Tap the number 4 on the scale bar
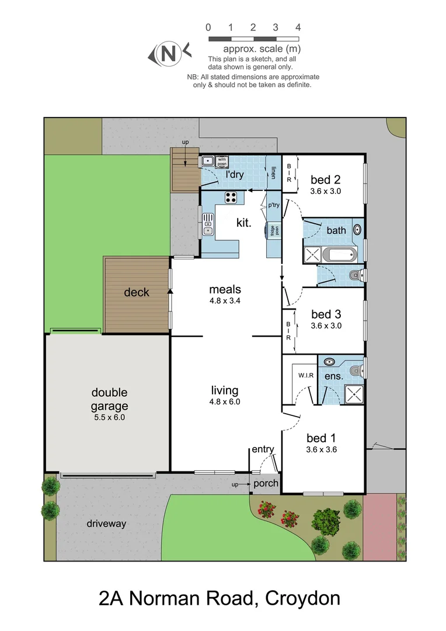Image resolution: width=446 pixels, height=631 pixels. coord(298,27)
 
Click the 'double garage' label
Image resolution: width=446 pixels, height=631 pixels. coord(109,399)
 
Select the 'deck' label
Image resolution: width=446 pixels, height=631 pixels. coord(137,292)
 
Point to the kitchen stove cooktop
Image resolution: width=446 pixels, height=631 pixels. coord(231,197)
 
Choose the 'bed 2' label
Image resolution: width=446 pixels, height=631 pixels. coord(325,180)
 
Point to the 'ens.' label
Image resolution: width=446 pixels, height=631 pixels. coord(334,376)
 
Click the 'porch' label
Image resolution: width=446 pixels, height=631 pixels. coord(266,483)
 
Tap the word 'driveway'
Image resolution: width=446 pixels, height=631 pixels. coord(106,523)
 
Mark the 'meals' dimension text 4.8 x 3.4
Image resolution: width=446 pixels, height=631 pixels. coord(225,301)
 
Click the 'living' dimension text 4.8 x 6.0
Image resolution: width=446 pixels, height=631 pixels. coord(225,401)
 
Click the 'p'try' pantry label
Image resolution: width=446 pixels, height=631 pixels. coord(274,205)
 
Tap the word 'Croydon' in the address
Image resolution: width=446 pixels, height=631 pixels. coord(302,598)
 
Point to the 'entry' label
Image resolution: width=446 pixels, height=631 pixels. coord(263,449)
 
